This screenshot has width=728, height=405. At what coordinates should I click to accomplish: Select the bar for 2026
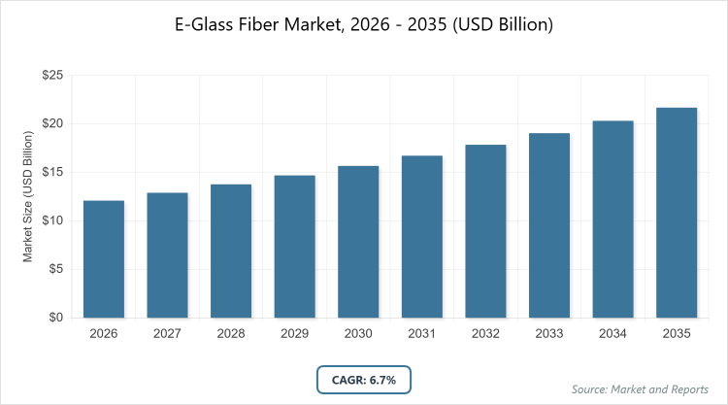pyautogui.click(x=103, y=259)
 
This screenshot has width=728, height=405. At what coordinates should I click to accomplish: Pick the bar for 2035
pyautogui.click(x=677, y=213)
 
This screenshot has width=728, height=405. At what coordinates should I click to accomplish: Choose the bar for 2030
pyautogui.click(x=358, y=242)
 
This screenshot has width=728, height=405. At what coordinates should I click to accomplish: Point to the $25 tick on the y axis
pyautogui.click(x=52, y=75)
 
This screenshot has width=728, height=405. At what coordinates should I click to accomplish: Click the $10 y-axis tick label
pyautogui.click(x=52, y=220)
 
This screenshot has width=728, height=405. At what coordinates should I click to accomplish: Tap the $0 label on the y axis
pyautogui.click(x=56, y=318)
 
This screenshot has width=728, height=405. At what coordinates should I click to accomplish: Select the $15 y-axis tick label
pyautogui.click(x=52, y=172)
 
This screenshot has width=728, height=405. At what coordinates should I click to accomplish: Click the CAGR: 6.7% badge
pyautogui.click(x=364, y=379)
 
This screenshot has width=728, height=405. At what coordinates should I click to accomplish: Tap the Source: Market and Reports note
pyautogui.click(x=642, y=389)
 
